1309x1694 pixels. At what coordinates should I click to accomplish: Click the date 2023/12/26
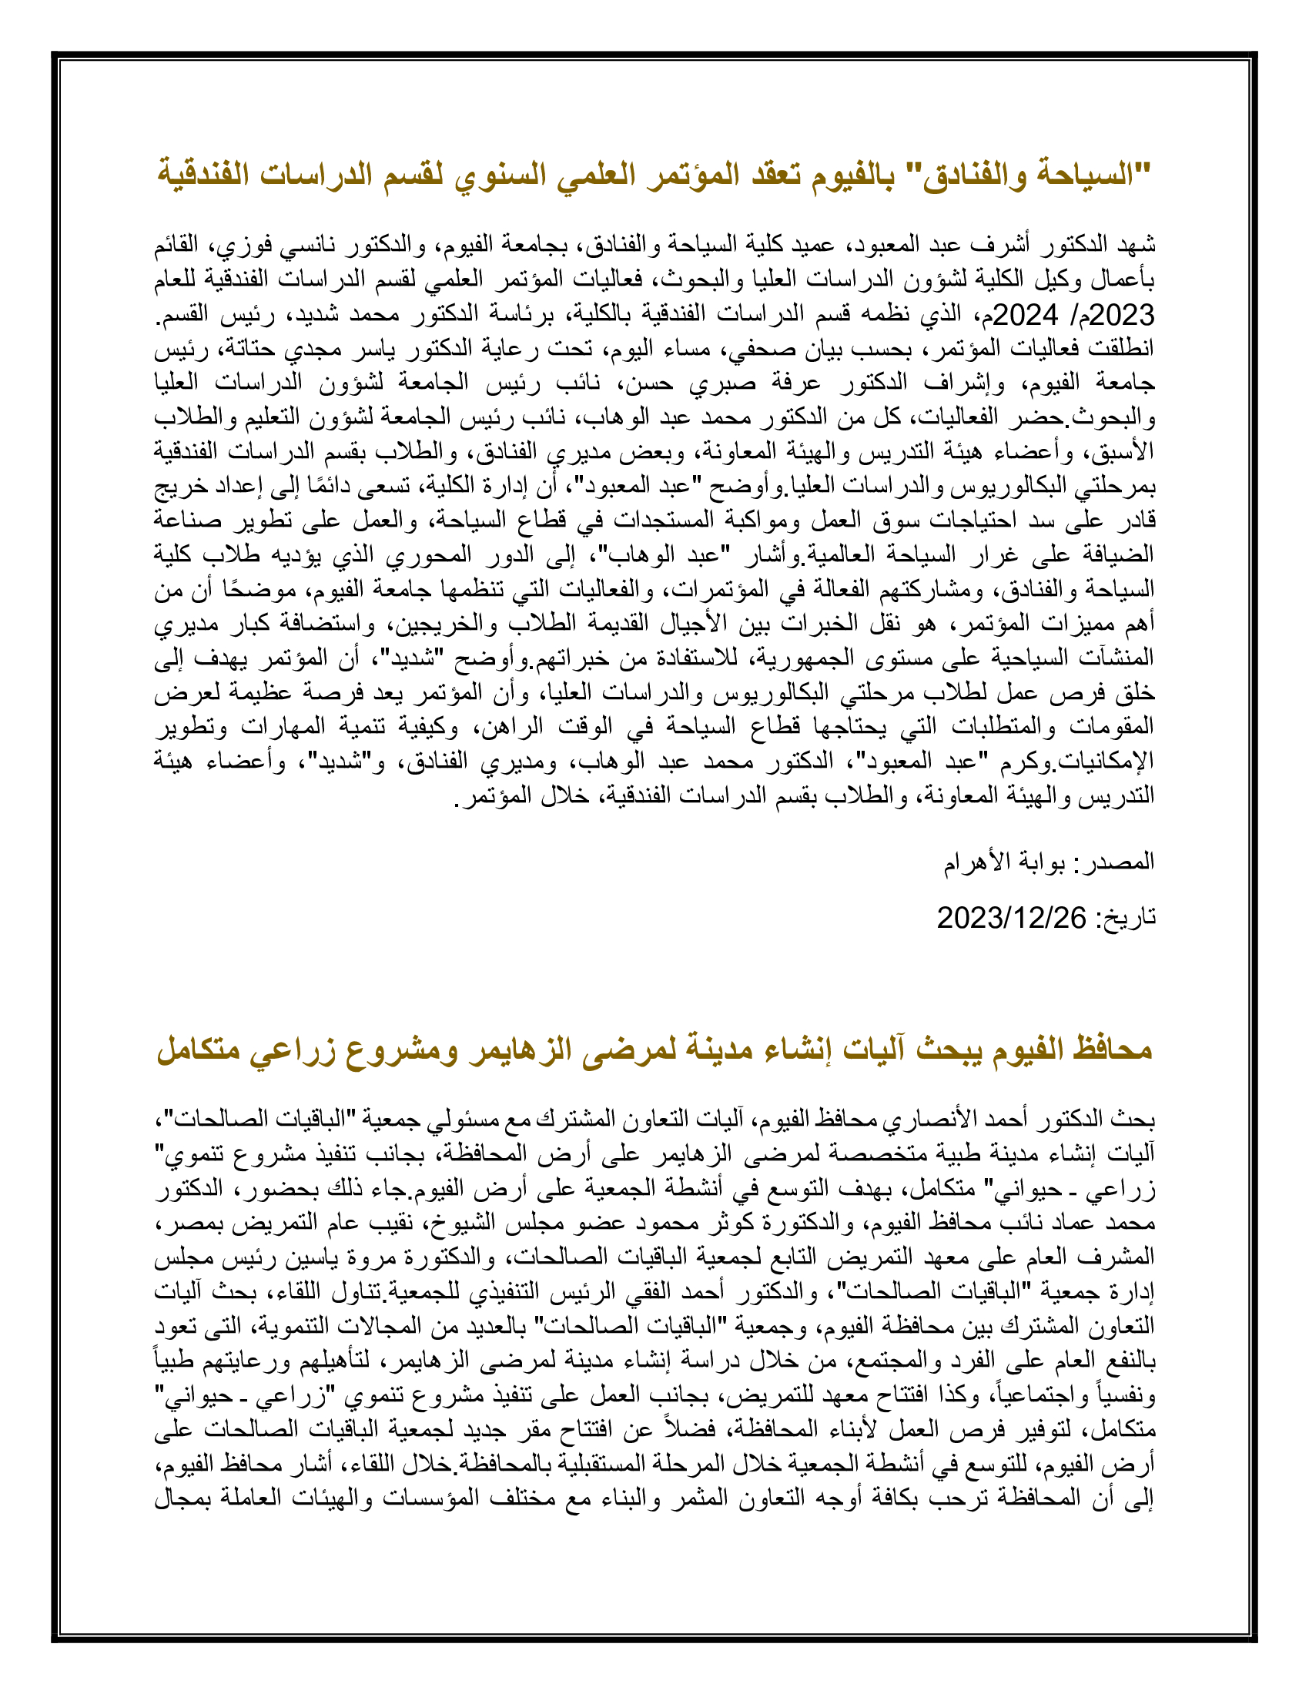1011,918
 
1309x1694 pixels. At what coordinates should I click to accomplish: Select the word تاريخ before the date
1131,918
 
